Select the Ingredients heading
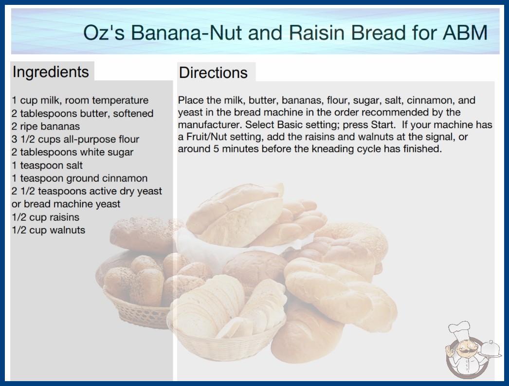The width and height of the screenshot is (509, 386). tap(51, 72)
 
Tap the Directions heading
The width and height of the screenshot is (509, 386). tap(213, 73)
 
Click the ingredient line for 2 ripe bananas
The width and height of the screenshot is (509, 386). tap(46, 126)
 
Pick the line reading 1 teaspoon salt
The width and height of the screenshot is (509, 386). tap(47, 165)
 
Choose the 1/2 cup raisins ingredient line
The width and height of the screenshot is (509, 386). tap(45, 217)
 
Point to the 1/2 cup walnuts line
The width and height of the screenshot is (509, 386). tap(49, 230)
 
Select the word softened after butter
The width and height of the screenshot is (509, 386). tap(133, 114)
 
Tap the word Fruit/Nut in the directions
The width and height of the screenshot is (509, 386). tap(208, 136)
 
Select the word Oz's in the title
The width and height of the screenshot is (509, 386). tap(104, 33)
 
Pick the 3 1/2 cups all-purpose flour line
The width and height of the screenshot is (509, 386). tap(75, 139)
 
